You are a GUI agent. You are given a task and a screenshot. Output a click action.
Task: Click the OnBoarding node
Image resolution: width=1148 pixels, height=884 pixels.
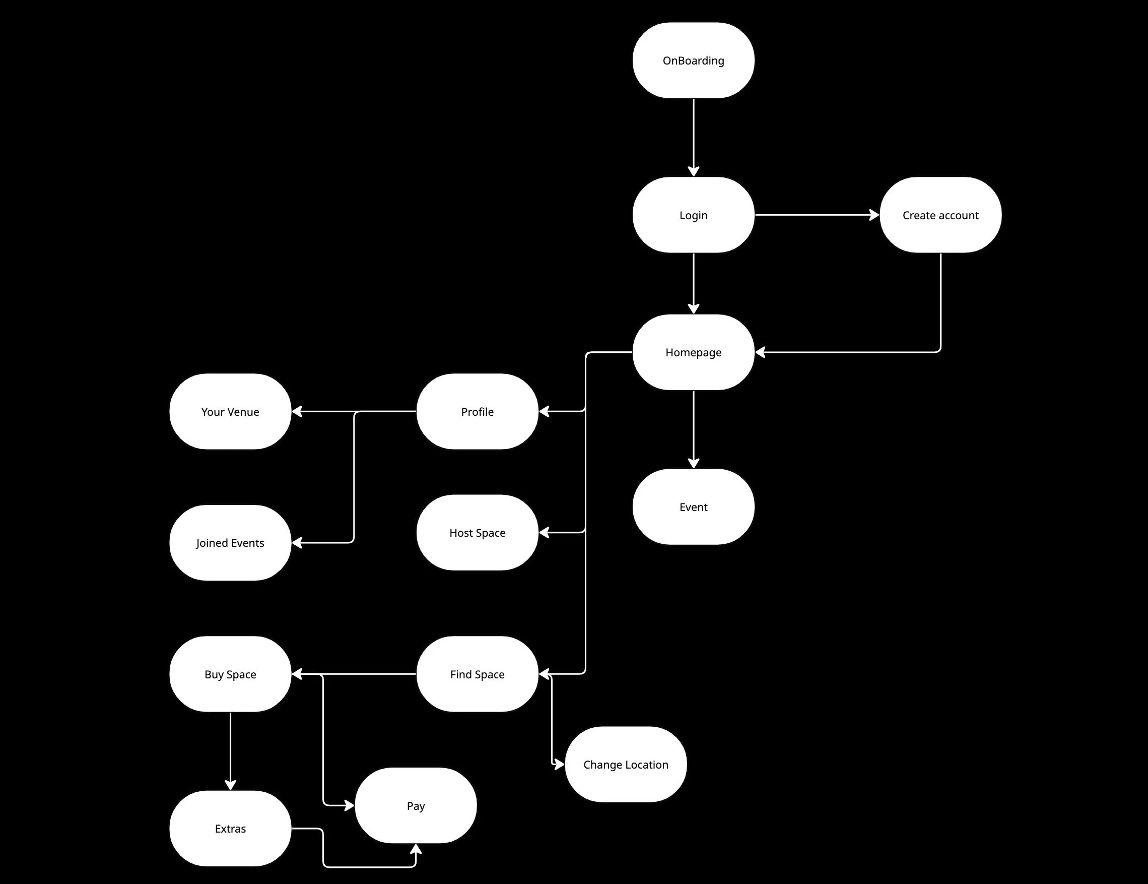(693, 60)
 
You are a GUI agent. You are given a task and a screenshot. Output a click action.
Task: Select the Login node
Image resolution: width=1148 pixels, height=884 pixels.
(693, 215)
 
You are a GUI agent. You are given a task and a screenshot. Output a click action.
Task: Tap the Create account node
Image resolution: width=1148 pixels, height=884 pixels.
(940, 215)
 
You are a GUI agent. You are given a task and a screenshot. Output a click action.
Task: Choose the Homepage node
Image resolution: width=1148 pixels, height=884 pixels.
(693, 352)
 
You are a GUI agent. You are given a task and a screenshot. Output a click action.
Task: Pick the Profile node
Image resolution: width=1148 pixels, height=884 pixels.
(477, 412)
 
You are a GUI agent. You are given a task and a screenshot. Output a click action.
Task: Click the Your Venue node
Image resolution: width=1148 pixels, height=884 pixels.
(230, 412)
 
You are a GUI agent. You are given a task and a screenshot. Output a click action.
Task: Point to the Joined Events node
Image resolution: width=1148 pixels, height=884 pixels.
(230, 543)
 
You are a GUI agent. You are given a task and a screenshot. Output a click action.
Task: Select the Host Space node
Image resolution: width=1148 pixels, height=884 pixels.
(477, 533)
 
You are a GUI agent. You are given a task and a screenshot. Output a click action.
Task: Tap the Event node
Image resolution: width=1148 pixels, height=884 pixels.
(693, 507)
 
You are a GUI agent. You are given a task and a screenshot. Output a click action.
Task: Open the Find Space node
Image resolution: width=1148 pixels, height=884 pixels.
(477, 674)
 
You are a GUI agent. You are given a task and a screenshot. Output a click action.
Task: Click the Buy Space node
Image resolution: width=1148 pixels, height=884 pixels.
(230, 674)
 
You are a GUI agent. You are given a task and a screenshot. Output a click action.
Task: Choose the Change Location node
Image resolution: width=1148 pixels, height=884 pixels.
(626, 765)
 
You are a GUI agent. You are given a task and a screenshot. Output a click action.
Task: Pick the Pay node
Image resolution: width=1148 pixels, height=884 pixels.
(416, 806)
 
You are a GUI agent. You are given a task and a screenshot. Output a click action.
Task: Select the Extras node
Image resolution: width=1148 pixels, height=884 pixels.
(230, 829)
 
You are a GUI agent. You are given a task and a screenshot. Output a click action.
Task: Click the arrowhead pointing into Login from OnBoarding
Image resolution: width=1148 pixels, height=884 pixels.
(693, 171)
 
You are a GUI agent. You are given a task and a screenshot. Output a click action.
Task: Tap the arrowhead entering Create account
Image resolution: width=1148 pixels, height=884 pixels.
(874, 215)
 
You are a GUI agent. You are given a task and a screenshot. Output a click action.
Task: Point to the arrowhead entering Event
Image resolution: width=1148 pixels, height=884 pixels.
(693, 463)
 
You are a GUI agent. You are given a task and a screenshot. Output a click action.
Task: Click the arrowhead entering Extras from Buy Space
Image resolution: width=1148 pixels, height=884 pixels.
(230, 785)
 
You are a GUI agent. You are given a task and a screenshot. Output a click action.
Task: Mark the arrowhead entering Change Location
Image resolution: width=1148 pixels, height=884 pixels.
(559, 764)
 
